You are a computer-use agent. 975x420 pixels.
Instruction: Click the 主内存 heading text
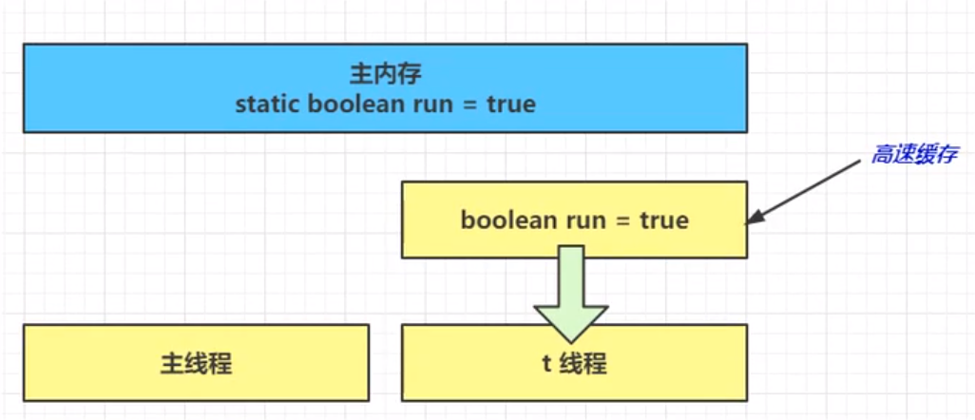385,75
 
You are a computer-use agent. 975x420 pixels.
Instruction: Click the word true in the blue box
510,104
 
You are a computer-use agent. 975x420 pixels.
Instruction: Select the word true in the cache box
663,220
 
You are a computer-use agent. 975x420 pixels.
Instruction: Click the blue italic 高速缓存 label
914,155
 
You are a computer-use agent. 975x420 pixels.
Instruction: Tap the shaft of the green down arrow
571,275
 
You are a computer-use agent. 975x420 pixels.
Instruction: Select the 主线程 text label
197,363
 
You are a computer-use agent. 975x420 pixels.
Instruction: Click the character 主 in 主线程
172,363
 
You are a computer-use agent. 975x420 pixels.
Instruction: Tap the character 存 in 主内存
410,75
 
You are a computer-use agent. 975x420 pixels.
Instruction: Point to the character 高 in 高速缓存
882,155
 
